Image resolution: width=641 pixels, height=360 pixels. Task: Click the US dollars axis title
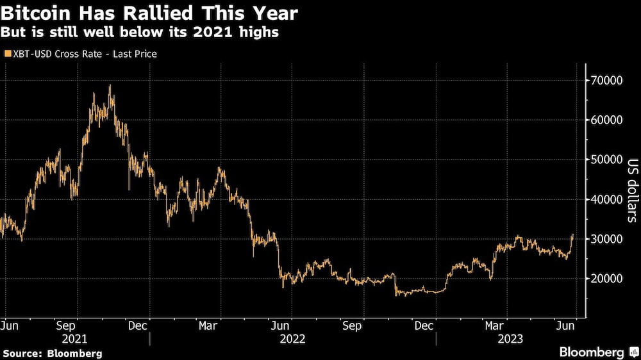[631, 190]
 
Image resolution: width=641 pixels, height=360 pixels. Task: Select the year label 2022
[292, 338]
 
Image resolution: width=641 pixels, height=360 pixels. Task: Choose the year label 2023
[509, 338]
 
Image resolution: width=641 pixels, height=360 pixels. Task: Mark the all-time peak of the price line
[110, 85]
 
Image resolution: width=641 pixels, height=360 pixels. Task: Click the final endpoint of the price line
[572, 235]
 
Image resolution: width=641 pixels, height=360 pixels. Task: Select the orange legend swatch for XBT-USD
[7, 54]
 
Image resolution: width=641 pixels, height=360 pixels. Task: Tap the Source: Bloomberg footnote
[52, 353]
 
